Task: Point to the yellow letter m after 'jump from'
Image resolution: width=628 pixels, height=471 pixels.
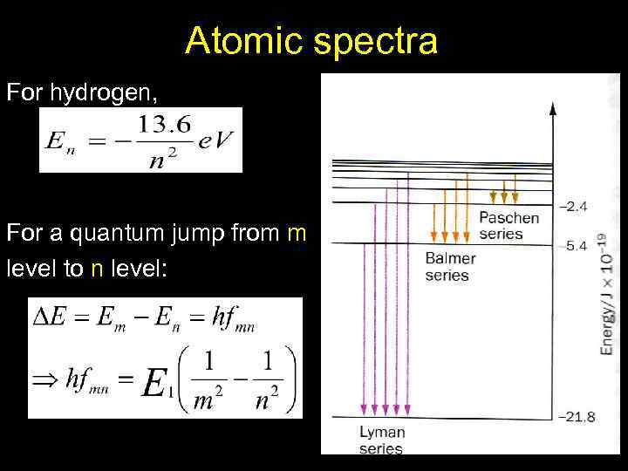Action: click(297, 233)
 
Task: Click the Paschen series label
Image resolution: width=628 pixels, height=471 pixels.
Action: click(509, 225)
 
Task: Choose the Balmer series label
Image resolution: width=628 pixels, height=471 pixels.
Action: click(450, 267)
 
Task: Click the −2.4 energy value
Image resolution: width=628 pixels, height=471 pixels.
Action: click(574, 207)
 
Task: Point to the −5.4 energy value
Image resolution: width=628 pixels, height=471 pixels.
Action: click(574, 247)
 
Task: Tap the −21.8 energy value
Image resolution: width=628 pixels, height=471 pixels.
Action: click(577, 417)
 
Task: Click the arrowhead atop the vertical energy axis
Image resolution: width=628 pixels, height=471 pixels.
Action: click(552, 107)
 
